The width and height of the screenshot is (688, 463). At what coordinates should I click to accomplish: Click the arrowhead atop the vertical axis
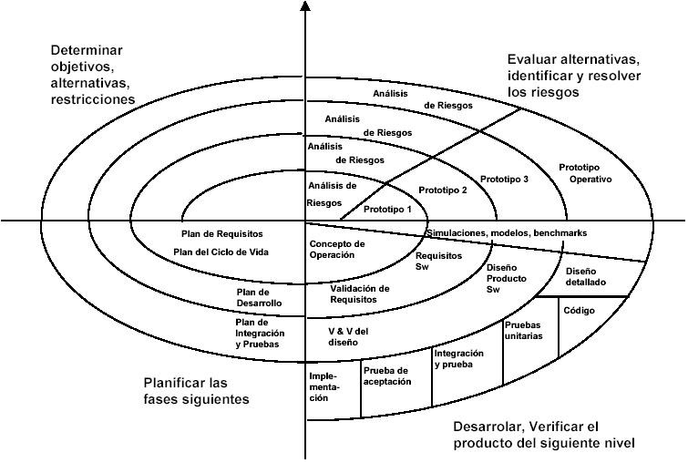pos(305,6)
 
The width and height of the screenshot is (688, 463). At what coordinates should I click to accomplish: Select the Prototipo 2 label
pos(442,190)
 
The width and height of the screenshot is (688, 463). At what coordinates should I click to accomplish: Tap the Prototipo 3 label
pos(504,179)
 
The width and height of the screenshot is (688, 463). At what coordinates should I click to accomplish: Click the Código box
pos(579,312)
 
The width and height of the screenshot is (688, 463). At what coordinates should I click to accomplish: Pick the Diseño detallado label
pos(589,277)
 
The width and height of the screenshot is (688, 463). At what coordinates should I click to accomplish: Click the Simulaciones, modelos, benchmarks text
pos(507,234)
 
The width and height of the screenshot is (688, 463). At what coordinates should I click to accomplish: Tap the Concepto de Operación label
pos(337,250)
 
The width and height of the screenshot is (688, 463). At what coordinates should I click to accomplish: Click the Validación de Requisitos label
pos(360,293)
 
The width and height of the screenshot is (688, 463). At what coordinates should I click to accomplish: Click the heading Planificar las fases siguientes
pos(196,390)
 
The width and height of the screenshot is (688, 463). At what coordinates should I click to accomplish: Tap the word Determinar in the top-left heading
pos(87,49)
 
